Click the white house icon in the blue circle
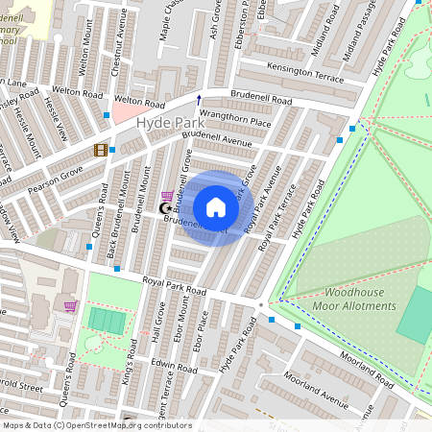tap(216, 207)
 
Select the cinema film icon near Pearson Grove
tap(100, 150)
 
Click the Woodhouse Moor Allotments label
tap(354, 299)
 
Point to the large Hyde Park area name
tap(168, 123)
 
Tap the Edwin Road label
tap(174, 367)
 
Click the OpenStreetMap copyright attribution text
tap(97, 424)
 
